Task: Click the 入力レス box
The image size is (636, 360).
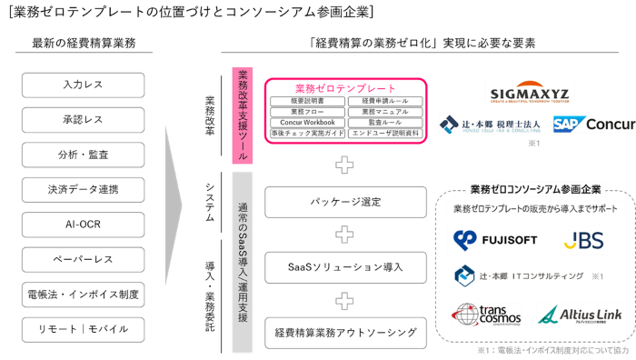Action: pyautogui.click(x=83, y=85)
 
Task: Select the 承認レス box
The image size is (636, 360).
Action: pyautogui.click(x=83, y=120)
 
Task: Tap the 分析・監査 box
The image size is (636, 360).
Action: pyautogui.click(x=83, y=155)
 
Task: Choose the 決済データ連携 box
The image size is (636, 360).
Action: pyautogui.click(x=83, y=190)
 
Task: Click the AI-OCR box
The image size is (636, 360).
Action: pyautogui.click(x=83, y=225)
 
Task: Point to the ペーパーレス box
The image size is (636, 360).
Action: pyautogui.click(x=83, y=259)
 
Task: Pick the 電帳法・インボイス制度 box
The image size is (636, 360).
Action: pyautogui.click(x=83, y=294)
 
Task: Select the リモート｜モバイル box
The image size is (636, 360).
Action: pyautogui.click(x=83, y=328)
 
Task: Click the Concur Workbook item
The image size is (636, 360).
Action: pyautogui.click(x=307, y=123)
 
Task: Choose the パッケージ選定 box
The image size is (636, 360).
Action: pyautogui.click(x=345, y=201)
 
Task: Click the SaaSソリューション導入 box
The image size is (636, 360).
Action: pyautogui.click(x=345, y=267)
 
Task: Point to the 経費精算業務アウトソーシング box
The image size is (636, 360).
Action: pyautogui.click(x=345, y=333)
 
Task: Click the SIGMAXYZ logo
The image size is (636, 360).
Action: pyautogui.click(x=528, y=94)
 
